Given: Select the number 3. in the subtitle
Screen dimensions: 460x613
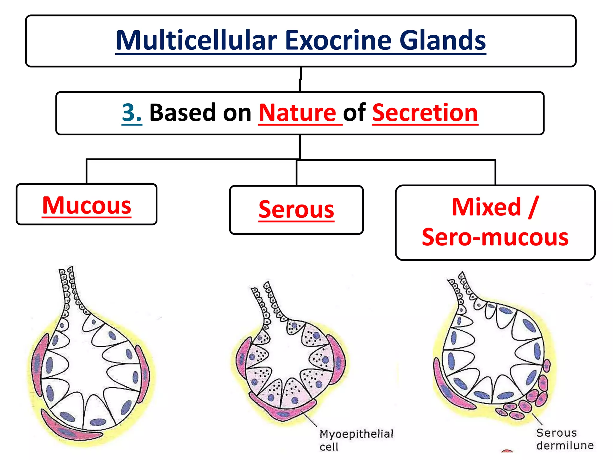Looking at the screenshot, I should click(132, 113).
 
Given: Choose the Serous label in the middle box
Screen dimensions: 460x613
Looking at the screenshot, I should click(296, 210).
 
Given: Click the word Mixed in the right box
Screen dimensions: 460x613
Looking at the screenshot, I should click(486, 207).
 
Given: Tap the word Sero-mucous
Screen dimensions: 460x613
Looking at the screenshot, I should click(495, 237).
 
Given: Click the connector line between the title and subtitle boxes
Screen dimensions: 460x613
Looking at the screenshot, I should click(300, 79).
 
